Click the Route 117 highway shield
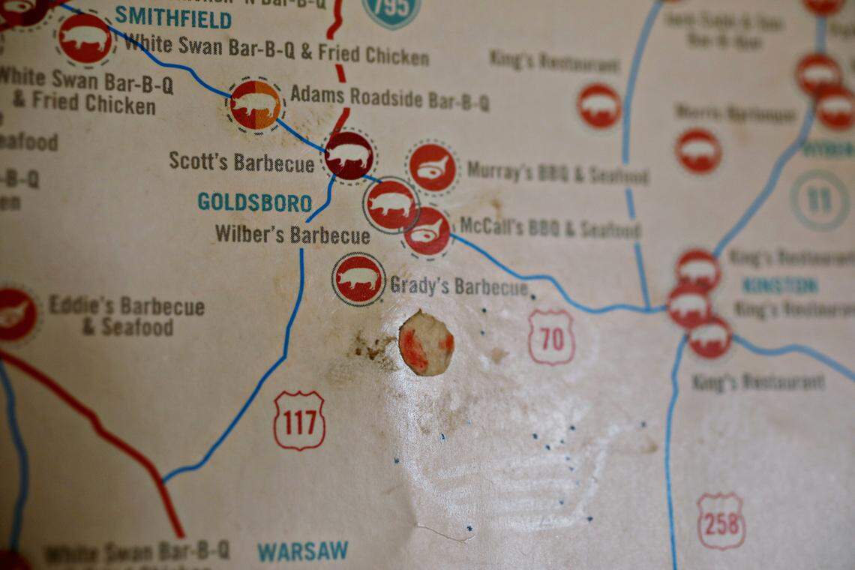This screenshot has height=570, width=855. click(299, 421)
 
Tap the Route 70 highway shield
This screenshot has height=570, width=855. click(551, 338)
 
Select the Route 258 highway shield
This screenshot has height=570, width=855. click(721, 521)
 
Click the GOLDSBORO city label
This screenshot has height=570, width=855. click(255, 202)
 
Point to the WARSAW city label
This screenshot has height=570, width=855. click(303, 551)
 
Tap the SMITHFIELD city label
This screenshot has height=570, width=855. click(173, 17)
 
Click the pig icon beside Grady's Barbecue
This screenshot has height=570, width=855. click(358, 279)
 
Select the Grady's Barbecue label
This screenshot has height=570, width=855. click(459, 286)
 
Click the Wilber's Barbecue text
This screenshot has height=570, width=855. click(292, 235)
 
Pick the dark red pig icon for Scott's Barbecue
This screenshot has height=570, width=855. click(349, 155)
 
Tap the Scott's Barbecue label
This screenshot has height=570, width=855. click(241, 161)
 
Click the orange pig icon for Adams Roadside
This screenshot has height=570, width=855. click(255, 105)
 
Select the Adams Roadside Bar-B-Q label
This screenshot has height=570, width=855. click(389, 97)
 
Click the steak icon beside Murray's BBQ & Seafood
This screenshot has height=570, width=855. click(432, 167)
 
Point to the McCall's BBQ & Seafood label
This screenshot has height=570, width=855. click(550, 228)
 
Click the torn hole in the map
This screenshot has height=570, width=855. click(426, 343)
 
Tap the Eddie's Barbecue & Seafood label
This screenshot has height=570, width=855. click(126, 316)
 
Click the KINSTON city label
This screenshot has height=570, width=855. click(780, 286)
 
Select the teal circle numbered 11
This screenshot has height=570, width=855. click(820, 200)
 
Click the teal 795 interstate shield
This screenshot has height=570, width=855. click(391, 10)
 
